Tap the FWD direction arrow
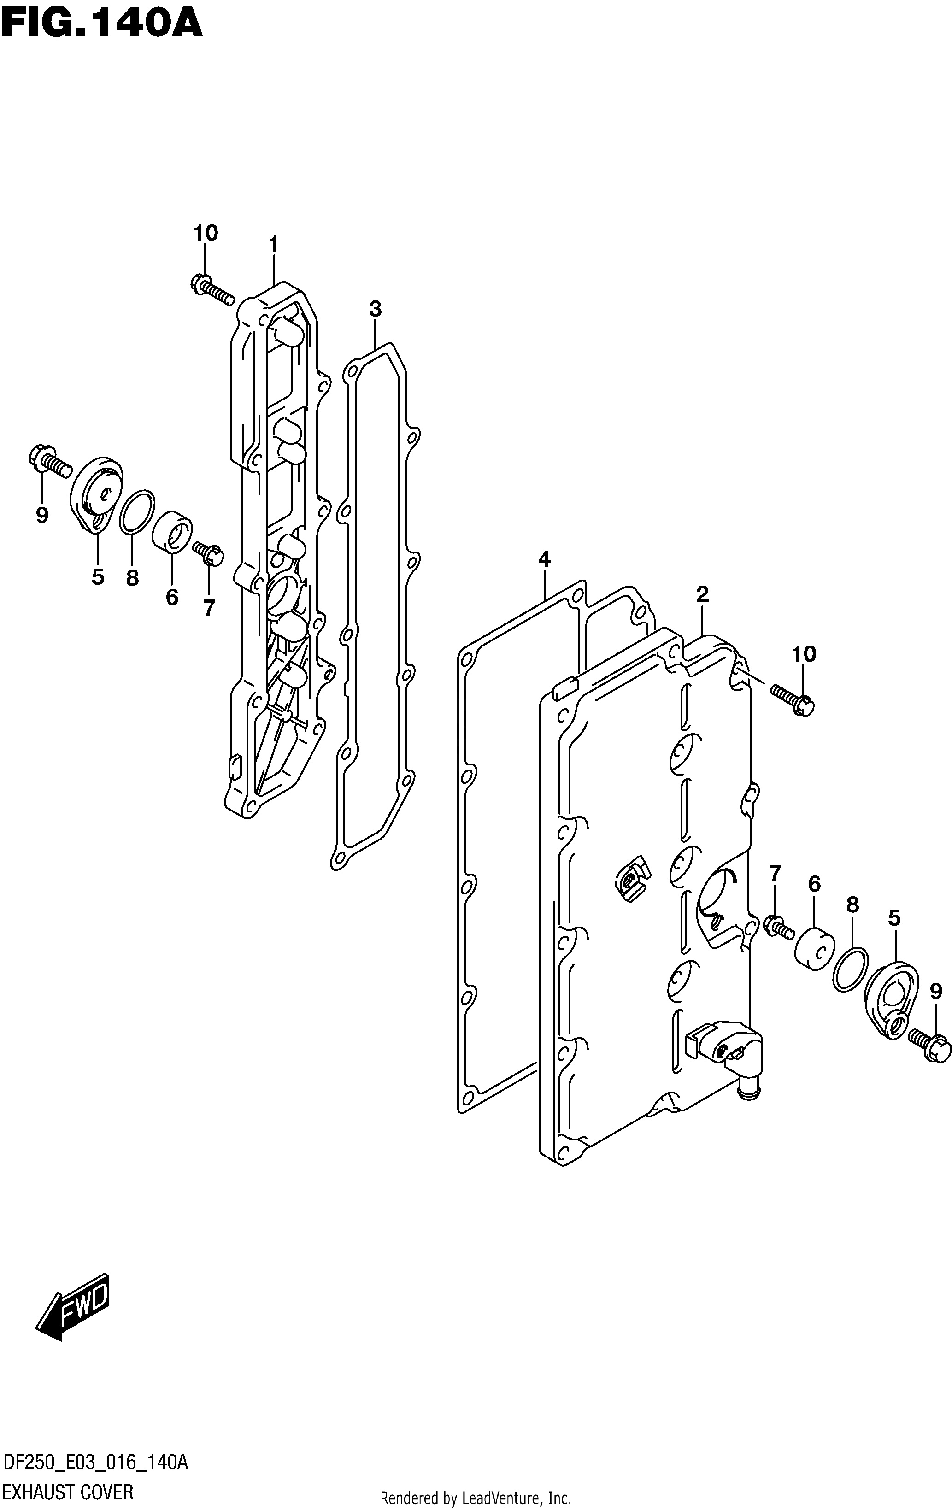point(73,1307)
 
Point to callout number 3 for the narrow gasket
point(375,309)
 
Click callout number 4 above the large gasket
point(544,559)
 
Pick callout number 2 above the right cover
point(702,594)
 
